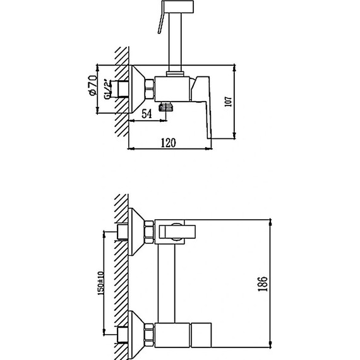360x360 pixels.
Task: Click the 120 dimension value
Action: [167, 143]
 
